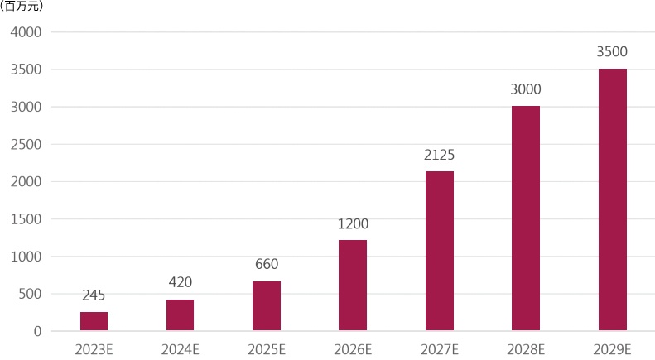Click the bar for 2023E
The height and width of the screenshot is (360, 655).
pyautogui.click(x=94, y=321)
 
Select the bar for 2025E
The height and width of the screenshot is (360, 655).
pyautogui.click(x=267, y=306)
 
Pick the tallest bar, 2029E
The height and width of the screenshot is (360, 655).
pyautogui.click(x=613, y=199)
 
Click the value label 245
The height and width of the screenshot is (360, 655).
pyautogui.click(x=94, y=295)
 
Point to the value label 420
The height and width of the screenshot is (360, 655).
pyautogui.click(x=181, y=282)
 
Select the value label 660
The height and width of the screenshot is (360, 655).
pyautogui.click(x=267, y=264)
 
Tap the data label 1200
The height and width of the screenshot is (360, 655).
pyautogui.click(x=353, y=223)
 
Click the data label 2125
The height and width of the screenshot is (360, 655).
pyautogui.click(x=440, y=155)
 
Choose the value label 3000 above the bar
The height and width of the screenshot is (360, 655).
pyautogui.click(x=526, y=89)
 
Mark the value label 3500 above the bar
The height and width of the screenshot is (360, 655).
pyautogui.click(x=613, y=52)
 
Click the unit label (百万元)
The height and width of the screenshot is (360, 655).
pyautogui.click(x=22, y=7)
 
